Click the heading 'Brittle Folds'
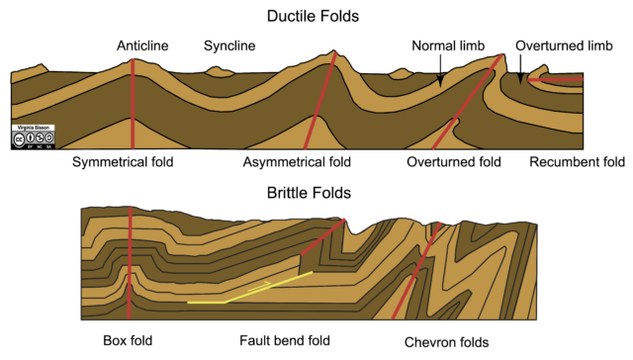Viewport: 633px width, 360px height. point(316,193)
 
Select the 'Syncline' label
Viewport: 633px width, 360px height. point(229,45)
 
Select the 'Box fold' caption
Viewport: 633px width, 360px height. point(128,342)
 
